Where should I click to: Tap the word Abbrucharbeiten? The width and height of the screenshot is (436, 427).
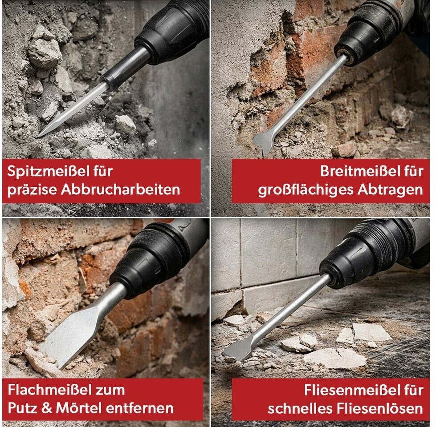tap(120, 189)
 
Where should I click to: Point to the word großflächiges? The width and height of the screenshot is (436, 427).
tap(305, 190)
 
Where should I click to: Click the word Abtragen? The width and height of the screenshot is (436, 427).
tap(390, 190)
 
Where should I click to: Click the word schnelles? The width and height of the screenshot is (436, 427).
tap(300, 408)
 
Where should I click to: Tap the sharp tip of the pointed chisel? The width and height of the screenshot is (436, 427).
tap(39, 136)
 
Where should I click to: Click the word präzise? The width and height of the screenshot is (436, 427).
tap(32, 190)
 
